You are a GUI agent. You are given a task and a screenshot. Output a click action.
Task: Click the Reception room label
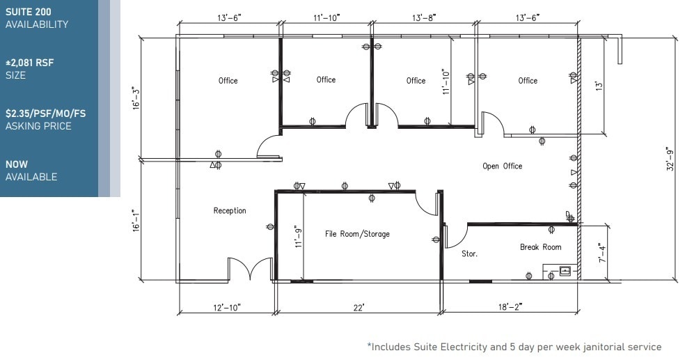click(230, 211)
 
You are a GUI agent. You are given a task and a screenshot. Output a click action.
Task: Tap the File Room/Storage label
click(357, 234)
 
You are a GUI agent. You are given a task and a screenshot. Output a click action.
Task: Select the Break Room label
click(540, 247)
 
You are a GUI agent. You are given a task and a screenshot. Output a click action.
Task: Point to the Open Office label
click(502, 166)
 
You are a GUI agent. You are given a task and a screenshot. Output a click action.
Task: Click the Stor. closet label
click(469, 254)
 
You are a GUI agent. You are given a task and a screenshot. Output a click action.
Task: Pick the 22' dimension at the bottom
click(359, 307)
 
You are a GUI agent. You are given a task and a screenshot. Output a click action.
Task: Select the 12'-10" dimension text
click(226, 307)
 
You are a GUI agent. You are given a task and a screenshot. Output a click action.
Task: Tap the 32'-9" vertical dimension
click(670, 159)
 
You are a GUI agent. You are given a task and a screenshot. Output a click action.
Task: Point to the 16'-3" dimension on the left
click(136, 97)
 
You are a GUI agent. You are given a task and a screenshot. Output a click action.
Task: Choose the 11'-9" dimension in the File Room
click(299, 236)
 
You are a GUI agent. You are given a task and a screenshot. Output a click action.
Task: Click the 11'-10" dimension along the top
click(325, 17)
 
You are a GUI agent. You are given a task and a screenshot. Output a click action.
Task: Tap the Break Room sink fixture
click(565, 270)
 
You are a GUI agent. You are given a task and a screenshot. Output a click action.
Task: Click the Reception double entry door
click(250, 269)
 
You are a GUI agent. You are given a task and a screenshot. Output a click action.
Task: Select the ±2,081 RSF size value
click(29, 63)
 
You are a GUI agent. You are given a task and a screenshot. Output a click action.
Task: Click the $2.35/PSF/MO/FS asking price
click(45, 114)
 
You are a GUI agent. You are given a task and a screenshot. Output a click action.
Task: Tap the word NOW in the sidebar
click(17, 164)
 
